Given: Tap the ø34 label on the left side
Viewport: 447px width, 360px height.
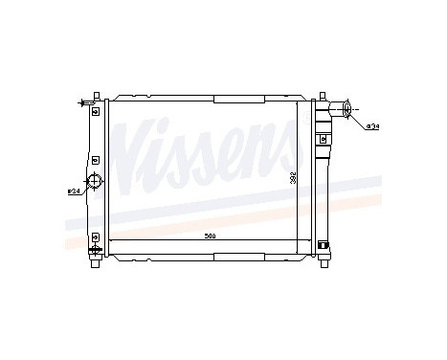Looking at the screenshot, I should click(x=73, y=191).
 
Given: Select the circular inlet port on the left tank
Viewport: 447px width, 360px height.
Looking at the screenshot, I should click(x=94, y=183).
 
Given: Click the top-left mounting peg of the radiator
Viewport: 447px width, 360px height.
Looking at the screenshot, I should click(x=96, y=96).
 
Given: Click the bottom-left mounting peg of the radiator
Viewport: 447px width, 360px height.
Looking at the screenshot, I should click(x=96, y=263).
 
